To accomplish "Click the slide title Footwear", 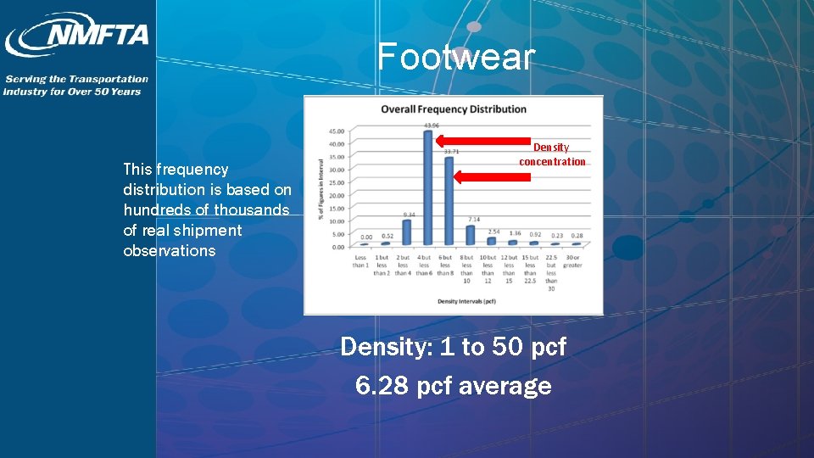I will pos(456,57).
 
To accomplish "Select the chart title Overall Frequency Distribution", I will pos(454,109).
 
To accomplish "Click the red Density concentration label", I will pos(552,154).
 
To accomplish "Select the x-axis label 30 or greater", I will pos(573,261).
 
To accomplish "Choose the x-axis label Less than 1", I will pos(361,261).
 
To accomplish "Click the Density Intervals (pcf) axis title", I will pos(466,301).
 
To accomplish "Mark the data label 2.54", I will pos(493,232).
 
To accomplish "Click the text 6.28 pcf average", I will pos(454,386).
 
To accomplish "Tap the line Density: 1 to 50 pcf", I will pos(454,347).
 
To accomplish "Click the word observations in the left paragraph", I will pos(170,251).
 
